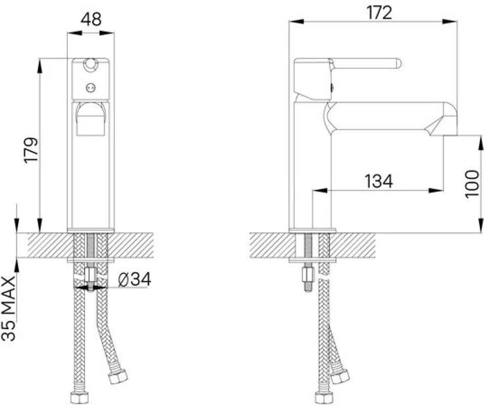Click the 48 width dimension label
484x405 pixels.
pyautogui.click(x=91, y=19)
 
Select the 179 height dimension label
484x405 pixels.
pyautogui.click(x=31, y=150)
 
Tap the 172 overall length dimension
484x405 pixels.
pyautogui.click(x=379, y=13)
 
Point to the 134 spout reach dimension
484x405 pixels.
pyautogui.click(x=379, y=181)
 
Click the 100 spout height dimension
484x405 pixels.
pyautogui.click(x=471, y=184)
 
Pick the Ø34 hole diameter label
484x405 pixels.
pyautogui.click(x=135, y=279)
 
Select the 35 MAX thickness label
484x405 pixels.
pyautogui.click(x=9, y=308)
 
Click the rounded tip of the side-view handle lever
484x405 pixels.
pyautogui.click(x=398, y=63)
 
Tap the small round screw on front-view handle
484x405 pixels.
pyautogui.click(x=91, y=88)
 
